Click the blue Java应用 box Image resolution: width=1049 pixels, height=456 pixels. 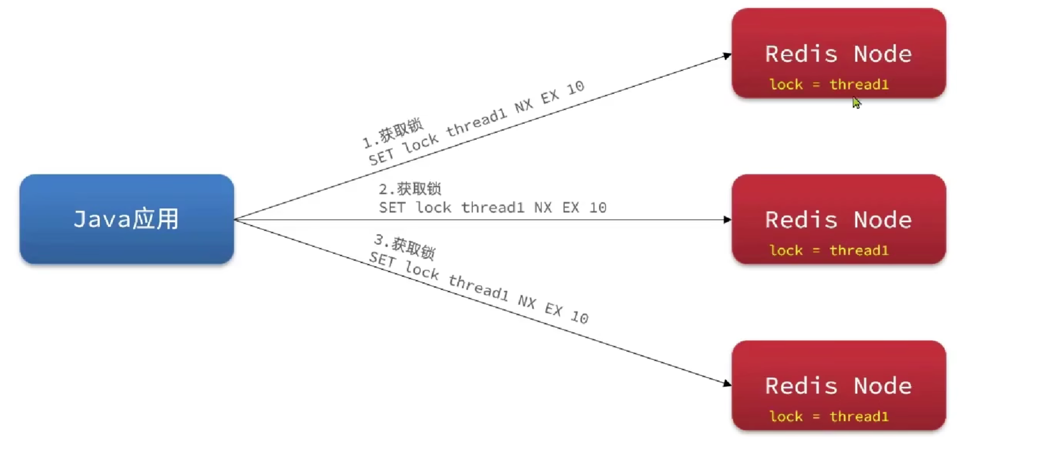tap(126, 219)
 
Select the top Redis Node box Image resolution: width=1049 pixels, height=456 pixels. tap(838, 53)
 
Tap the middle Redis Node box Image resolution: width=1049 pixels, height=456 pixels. tap(838, 219)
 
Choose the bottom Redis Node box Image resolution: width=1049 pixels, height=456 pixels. tap(838, 385)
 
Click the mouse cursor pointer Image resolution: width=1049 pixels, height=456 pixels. tap(856, 103)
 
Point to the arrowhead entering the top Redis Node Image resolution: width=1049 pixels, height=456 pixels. tap(727, 56)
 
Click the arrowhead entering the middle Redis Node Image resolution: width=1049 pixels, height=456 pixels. tap(727, 220)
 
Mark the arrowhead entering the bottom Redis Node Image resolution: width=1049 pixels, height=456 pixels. tap(727, 383)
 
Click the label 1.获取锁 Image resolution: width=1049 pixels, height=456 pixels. tap(393, 132)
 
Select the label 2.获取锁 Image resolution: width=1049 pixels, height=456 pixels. tap(409, 189)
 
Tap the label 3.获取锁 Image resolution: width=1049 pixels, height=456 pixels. tap(405, 246)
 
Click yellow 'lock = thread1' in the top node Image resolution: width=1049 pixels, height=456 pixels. tap(829, 85)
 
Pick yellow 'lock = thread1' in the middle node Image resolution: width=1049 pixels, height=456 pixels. tap(829, 251)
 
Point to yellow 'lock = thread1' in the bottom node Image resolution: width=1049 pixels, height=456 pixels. tap(829, 417)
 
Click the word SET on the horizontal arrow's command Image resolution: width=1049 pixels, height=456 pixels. tap(392, 208)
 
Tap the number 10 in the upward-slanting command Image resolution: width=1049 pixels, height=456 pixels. tap(575, 88)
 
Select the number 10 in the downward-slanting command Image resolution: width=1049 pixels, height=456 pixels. tap(579, 317)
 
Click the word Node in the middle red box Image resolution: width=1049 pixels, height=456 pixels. tap(882, 220)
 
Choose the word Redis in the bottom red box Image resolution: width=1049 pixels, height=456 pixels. tap(801, 386)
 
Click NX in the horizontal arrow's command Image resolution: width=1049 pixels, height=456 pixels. tap(543, 208)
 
